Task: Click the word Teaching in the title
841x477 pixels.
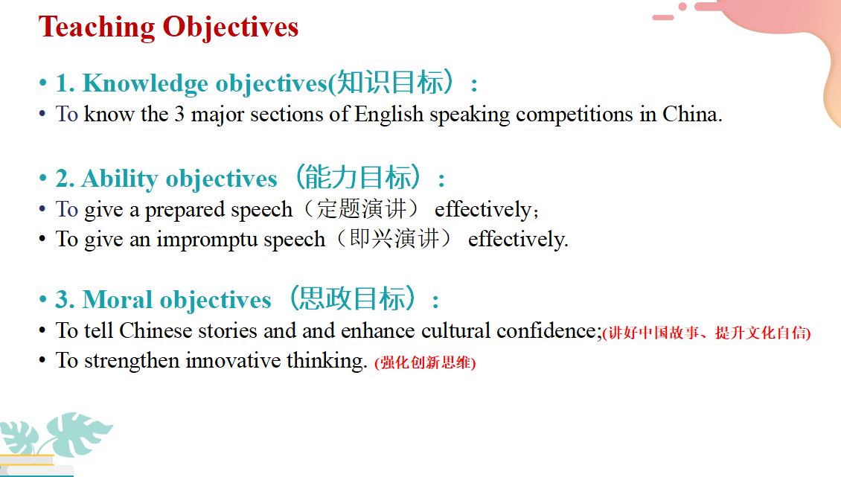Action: [x=97, y=27]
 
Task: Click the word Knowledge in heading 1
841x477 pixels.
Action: [x=145, y=83]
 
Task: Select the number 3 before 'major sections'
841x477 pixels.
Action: [x=179, y=115]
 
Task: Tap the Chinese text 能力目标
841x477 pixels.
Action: [x=358, y=178]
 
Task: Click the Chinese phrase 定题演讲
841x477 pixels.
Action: [x=360, y=208]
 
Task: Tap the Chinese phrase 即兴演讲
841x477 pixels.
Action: [x=394, y=239]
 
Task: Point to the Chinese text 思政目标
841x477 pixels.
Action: [x=352, y=299]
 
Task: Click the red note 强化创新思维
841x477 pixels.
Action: [x=425, y=362]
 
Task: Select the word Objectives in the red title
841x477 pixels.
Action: [x=231, y=27]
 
